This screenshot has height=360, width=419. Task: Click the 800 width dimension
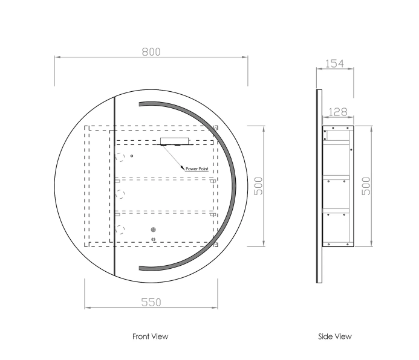[x=151, y=51]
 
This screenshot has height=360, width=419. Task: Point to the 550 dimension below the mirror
[x=151, y=302]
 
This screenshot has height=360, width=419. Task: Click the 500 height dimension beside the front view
[x=258, y=185]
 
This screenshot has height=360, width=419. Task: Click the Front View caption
[x=150, y=336]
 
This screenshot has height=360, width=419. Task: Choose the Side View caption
[x=334, y=336]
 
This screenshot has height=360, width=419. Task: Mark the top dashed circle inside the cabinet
[x=120, y=158]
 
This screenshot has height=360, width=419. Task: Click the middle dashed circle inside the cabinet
[x=120, y=194]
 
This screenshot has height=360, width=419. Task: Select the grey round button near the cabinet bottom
[x=153, y=230]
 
